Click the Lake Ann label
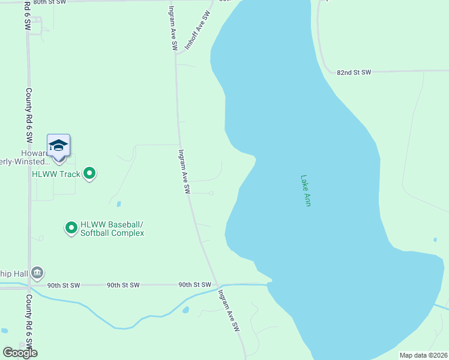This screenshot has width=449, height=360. pos(306,191)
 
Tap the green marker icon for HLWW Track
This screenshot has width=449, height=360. pos(89,174)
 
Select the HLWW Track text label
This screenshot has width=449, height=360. pos(56,175)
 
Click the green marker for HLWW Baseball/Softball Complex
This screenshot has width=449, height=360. pos(71,227)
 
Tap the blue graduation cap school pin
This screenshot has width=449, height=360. pos(58,146)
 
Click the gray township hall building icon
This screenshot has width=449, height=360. pos(37,274)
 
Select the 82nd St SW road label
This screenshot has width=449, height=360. pos(354,73)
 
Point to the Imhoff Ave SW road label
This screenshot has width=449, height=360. pos(198,31)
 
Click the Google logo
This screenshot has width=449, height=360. pos(20,353)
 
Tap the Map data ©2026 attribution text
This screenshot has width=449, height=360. pos(424,355)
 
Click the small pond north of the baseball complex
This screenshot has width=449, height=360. pos(119,203)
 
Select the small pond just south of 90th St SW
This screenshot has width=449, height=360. pos(185,310)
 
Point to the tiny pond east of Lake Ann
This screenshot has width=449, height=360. pos(435,239)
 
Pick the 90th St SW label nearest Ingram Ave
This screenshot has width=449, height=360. pos(194,285)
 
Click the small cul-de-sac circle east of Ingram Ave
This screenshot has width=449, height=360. pos(211,193)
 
